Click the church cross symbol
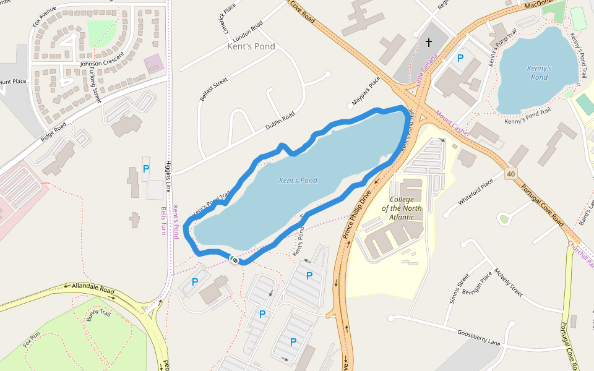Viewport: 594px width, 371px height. click(428, 43)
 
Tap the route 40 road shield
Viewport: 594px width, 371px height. click(510, 175)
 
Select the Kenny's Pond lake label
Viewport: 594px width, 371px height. click(539, 72)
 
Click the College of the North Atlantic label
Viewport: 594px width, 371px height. click(406, 208)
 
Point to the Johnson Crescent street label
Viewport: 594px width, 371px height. click(102, 59)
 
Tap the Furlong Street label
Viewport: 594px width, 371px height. click(95, 85)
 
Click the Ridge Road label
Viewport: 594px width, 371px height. click(53, 132)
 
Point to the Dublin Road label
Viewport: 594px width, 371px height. click(280, 122)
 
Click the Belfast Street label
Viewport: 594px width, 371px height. click(213, 90)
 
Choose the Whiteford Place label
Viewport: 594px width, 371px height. click(476, 192)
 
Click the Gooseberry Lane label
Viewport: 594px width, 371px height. click(478, 338)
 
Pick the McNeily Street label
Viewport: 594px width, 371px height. click(508, 283)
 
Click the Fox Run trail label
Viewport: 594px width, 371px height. click(32, 339)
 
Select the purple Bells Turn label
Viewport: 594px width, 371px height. click(163, 220)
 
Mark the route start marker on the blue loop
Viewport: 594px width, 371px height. click(234, 260)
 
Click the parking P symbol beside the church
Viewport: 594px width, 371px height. click(460, 58)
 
